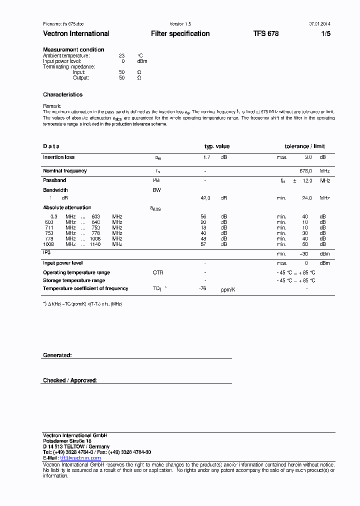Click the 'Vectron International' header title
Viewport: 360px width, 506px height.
tap(76, 33)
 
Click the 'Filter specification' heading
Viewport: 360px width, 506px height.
tap(180, 33)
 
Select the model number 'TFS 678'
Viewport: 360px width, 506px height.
tap(266, 33)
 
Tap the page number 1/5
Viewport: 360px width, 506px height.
tap(325, 33)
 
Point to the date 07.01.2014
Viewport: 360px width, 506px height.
tap(319, 23)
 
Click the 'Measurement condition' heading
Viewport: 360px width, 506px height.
tap(73, 49)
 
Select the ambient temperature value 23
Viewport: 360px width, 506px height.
tap(121, 55)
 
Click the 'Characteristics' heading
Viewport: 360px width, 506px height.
tap(62, 94)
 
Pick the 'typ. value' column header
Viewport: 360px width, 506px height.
tap(217, 146)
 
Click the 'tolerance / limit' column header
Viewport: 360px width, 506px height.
tap(304, 146)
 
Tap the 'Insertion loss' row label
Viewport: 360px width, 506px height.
tap(58, 157)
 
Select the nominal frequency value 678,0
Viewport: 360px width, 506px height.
tap(306, 171)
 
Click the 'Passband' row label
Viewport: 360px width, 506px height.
tap(54, 180)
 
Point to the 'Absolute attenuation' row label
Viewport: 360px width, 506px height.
tap(67, 207)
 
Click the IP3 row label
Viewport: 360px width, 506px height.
tap(47, 253)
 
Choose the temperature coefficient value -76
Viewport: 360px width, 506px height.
tap(203, 288)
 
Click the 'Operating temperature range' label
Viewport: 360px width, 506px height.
tap(76, 272)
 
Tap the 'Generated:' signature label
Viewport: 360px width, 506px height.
tap(57, 355)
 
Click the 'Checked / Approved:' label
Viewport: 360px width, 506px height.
tap(70, 380)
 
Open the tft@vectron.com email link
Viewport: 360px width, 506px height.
tap(80, 458)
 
